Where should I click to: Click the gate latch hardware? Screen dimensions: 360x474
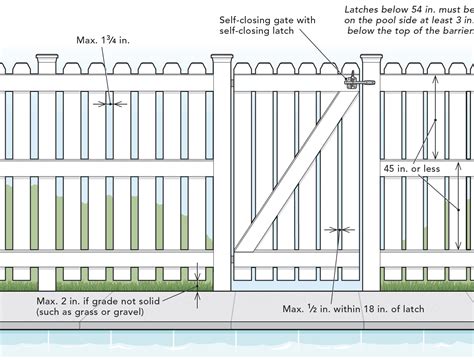tap(352, 78)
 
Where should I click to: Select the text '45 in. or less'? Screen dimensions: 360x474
tap(410, 168)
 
